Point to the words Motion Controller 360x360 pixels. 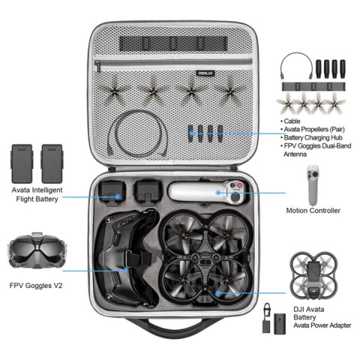313,211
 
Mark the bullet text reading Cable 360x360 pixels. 293,120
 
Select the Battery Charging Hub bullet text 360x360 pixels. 315,139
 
